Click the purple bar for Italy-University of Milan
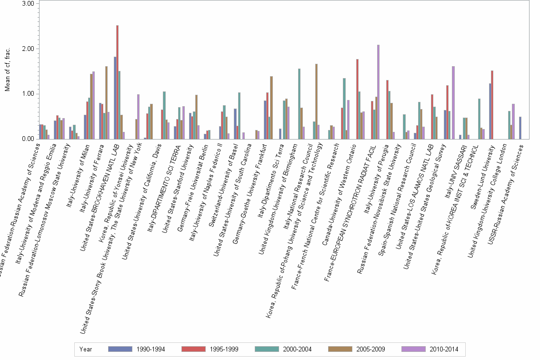(x=93, y=105)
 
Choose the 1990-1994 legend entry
(x=137, y=349)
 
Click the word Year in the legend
(x=86, y=349)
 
